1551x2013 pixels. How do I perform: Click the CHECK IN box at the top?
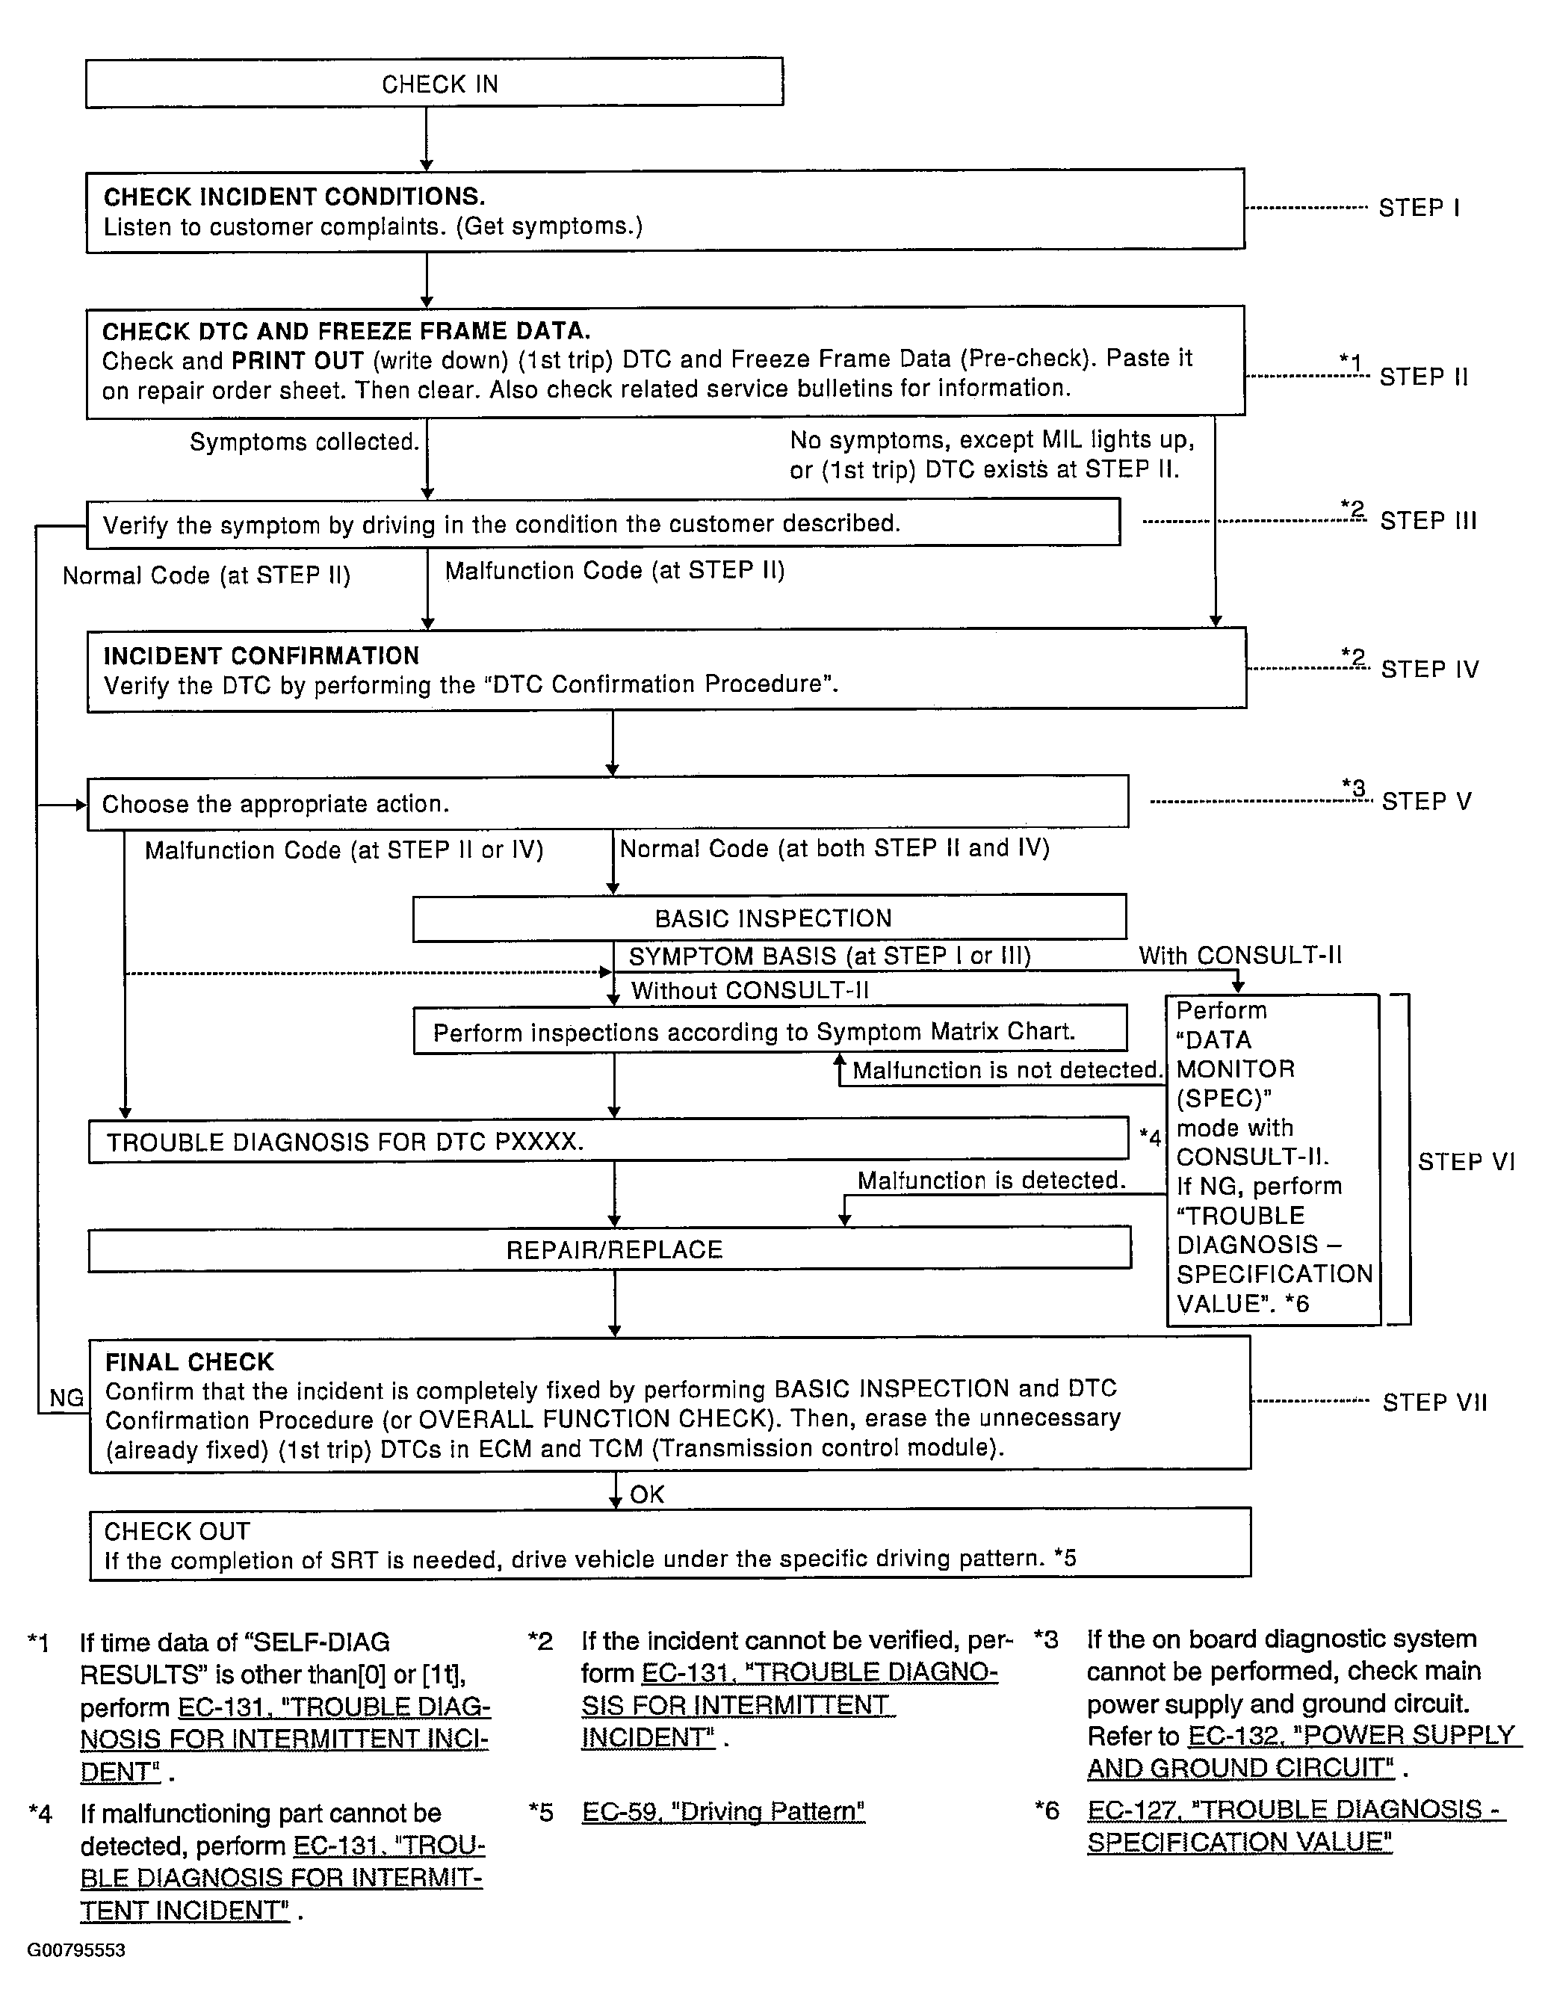[x=434, y=84]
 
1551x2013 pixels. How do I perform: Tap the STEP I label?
[x=1418, y=208]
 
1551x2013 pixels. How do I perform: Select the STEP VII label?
[x=1434, y=1403]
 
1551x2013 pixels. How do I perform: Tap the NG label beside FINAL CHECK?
[x=66, y=1398]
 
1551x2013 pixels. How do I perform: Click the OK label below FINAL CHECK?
[x=647, y=1494]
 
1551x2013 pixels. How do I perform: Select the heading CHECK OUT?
[x=177, y=1531]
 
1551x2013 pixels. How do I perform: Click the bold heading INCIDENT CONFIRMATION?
[x=261, y=656]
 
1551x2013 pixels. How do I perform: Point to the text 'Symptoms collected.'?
[x=304, y=442]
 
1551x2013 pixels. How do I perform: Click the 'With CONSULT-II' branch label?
[x=1239, y=956]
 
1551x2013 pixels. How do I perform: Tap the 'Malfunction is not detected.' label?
[x=1006, y=1070]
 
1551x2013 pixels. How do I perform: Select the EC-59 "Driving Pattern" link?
[x=723, y=1812]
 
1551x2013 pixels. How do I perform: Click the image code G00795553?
[x=75, y=1950]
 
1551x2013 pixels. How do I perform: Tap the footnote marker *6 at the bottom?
[x=1047, y=1811]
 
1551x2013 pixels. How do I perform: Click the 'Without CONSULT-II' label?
[x=749, y=991]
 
